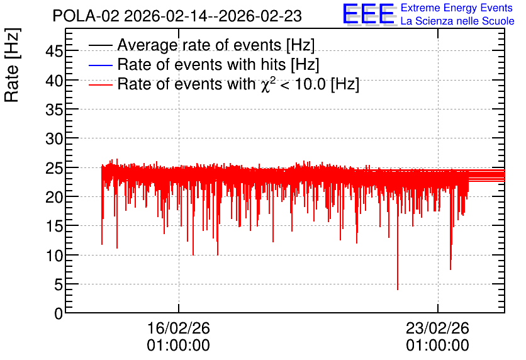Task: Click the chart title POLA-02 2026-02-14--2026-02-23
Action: point(177,16)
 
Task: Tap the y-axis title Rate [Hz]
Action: point(12,65)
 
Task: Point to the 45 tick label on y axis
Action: point(54,52)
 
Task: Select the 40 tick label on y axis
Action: point(54,81)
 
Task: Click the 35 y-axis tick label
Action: point(54,110)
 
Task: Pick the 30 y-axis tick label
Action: point(54,138)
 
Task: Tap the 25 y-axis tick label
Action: point(54,168)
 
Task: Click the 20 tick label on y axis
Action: point(54,197)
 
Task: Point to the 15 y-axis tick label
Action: point(54,226)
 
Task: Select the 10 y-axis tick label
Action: point(54,256)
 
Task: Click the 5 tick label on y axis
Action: point(59,285)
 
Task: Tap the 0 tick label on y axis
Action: point(59,314)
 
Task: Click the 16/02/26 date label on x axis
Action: point(179,328)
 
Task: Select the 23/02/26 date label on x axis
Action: point(437,328)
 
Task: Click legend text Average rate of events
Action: point(199,45)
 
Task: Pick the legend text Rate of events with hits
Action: point(201,64)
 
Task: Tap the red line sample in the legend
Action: point(100,85)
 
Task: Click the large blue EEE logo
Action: point(369,14)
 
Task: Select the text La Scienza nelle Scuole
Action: point(457,21)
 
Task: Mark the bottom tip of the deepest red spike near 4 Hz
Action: point(398,290)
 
